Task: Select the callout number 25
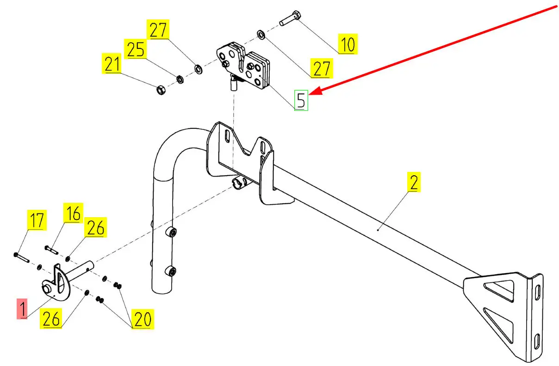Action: (x=136, y=49)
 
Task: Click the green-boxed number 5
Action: (x=301, y=100)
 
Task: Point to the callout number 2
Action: (x=414, y=182)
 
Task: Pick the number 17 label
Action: (x=37, y=220)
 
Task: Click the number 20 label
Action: (x=143, y=318)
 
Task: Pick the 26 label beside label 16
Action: (x=95, y=228)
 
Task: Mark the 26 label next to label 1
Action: (x=51, y=318)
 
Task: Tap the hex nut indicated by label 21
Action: (x=160, y=89)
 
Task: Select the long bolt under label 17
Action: (x=22, y=257)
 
